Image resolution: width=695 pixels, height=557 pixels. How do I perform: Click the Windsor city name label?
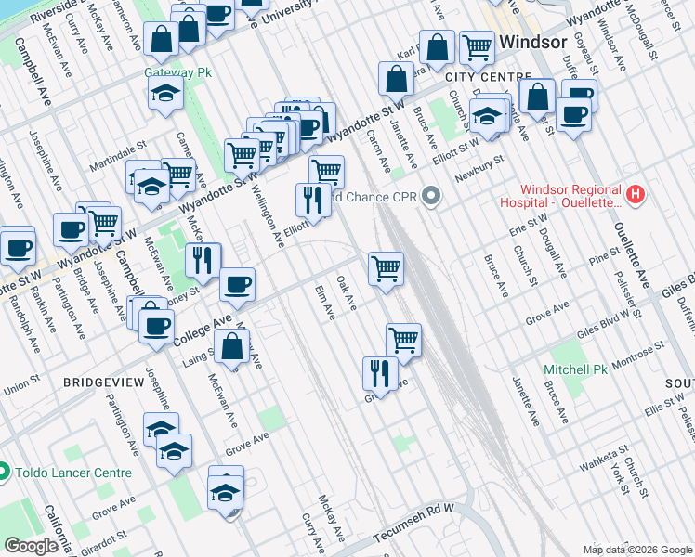coord(533,43)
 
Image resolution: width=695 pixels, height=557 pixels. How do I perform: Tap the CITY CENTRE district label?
coord(488,76)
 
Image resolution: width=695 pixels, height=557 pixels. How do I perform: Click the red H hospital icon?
coord(636,194)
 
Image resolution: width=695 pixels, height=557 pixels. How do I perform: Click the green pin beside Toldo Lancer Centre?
coord(5,473)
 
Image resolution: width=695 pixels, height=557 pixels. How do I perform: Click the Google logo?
coord(31,546)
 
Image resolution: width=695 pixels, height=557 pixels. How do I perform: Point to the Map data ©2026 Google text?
coord(636,549)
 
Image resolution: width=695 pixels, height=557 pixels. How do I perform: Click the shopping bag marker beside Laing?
coord(230,348)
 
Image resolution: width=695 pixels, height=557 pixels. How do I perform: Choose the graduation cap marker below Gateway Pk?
coord(165,94)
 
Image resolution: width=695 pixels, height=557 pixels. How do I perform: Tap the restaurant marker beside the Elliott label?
coord(313,200)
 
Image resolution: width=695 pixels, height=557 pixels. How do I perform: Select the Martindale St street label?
coord(117,144)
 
